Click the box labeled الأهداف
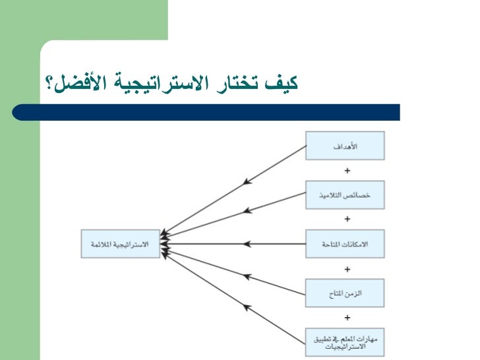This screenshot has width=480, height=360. [345, 146]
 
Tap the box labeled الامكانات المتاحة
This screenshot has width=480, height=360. [345, 244]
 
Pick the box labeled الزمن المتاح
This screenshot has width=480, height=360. [345, 292]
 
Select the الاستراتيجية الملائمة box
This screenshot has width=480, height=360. [120, 244]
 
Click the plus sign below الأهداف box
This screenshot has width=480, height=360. [347, 170]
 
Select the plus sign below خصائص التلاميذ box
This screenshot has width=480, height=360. [347, 219]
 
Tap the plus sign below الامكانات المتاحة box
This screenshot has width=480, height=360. [347, 268]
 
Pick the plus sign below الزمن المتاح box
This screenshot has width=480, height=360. [347, 316]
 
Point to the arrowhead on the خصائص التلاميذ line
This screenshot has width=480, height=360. [247, 212]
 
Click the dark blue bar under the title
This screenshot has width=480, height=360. [218, 112]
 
